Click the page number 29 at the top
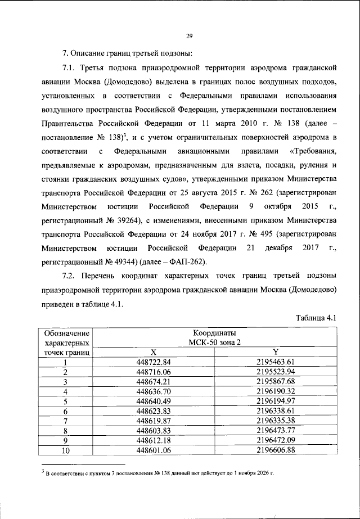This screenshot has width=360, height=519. pos(190,37)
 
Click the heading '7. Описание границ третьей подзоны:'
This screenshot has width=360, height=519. pos(128,54)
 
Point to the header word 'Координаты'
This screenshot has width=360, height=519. pos(214,332)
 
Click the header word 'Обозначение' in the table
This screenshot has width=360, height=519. pos(65,332)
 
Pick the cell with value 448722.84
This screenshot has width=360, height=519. pos(153,362)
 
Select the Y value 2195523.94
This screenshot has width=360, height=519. pos(276,372)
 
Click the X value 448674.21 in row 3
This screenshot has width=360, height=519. pos(153,381)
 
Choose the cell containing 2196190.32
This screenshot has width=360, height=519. pos(276,391)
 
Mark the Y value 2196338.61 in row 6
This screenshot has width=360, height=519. pos(276,410)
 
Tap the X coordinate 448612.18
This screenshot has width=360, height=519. pos(153,440)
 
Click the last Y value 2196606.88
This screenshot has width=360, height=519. pos(276,450)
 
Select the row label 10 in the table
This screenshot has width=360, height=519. pos(65,450)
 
